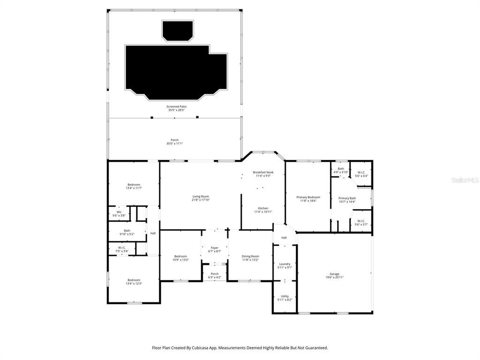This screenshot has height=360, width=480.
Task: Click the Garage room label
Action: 334,276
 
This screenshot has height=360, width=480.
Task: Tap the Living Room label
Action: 200,198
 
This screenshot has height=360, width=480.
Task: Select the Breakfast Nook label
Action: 263,174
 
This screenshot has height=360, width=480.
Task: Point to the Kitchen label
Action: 263,210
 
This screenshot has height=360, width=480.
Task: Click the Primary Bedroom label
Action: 308,199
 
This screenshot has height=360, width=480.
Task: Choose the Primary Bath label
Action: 347,200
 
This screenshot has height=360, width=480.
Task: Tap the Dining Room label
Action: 250,258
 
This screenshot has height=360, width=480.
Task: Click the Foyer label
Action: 214,249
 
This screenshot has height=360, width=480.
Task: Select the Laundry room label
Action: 285,265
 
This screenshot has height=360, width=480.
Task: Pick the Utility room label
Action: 285,298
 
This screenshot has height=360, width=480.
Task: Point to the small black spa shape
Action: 177,30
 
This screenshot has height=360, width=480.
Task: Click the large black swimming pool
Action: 175,70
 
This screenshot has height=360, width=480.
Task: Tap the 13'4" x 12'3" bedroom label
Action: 134,282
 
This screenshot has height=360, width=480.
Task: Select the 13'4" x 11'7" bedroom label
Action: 134,186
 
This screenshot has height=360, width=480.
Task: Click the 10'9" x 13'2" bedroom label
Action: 180,258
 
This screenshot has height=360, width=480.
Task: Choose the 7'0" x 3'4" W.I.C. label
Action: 122,249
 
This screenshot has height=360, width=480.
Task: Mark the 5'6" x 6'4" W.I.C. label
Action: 361,174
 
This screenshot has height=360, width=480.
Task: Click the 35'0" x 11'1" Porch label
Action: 174,142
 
